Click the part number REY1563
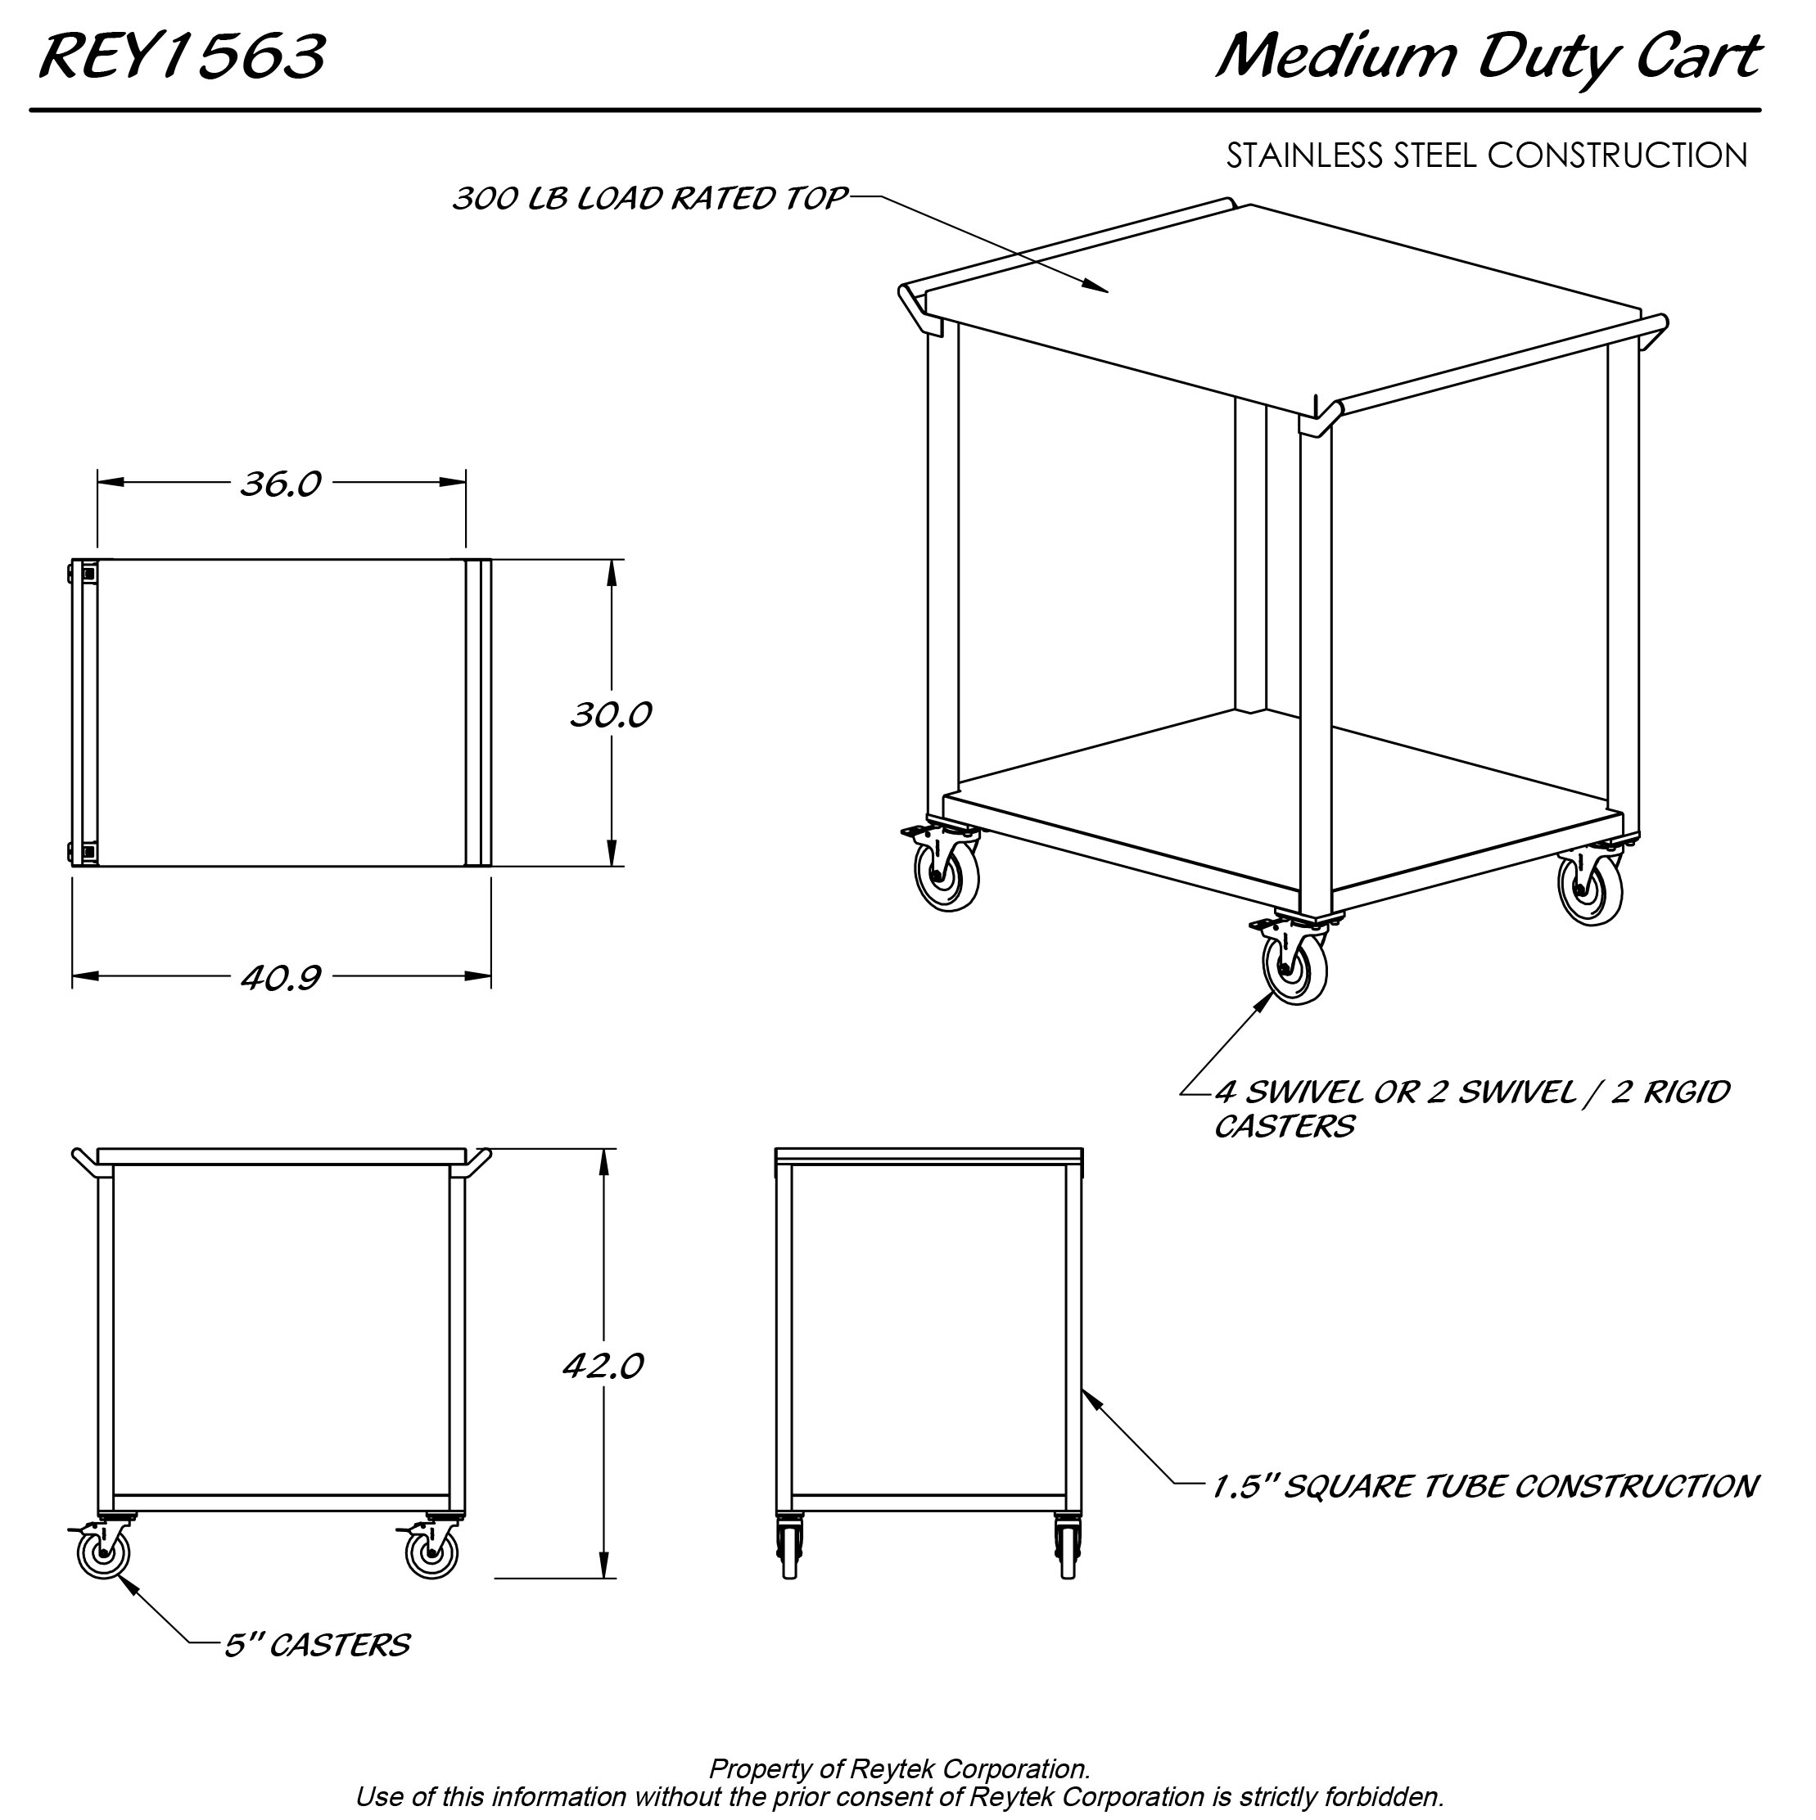pyautogui.click(x=182, y=56)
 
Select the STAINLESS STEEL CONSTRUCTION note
pyautogui.click(x=1487, y=155)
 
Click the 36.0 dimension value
pyautogui.click(x=281, y=484)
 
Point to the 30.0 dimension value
pyautogui.click(x=611, y=715)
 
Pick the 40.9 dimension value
pyautogui.click(x=281, y=978)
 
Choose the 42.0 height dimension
pyautogui.click(x=603, y=1365)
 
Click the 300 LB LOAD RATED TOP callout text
pyautogui.click(x=650, y=199)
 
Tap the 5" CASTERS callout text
pyautogui.click(x=317, y=1645)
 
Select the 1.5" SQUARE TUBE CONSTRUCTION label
pyautogui.click(x=1484, y=1485)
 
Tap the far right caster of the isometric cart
pyautogui.click(x=1591, y=889)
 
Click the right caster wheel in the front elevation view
pyautogui.click(x=431, y=1552)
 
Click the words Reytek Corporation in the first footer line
pyautogui.click(x=969, y=1768)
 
